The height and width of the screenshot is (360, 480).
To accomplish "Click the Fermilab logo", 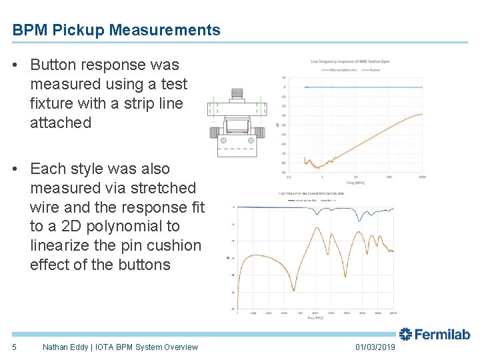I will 435,335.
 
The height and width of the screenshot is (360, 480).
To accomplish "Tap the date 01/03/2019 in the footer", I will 375,347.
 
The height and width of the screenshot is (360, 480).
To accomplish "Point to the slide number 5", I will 14,347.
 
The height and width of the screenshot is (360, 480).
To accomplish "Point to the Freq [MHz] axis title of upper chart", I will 355,183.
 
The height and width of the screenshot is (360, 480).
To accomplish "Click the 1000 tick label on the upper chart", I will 422,177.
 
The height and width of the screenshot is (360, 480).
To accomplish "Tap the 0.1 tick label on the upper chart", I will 288,177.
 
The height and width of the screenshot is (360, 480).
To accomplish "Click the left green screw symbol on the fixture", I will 223,141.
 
